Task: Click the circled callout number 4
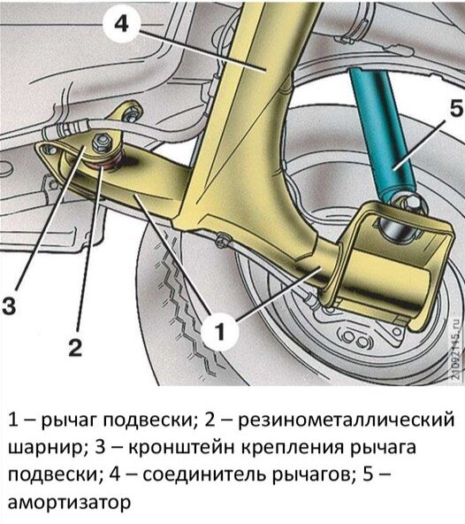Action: (121, 23)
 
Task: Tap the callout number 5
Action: (456, 110)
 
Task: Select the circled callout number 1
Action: (219, 332)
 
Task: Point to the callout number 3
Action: (9, 305)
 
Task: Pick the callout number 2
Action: (75, 347)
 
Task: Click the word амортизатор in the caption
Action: (69, 502)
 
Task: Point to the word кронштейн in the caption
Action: (181, 448)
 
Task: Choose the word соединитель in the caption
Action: (202, 474)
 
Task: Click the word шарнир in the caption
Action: (45, 449)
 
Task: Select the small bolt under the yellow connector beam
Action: (221, 240)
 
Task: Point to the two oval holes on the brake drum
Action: (354, 341)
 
